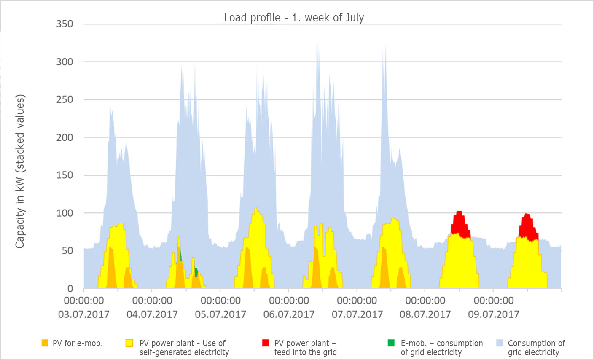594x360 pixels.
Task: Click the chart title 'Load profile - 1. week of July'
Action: point(294,18)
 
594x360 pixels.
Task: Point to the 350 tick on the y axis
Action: point(65,24)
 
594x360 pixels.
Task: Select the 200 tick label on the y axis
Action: point(65,137)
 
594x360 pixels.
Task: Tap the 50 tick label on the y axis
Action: point(67,251)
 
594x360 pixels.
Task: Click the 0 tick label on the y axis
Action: point(70,289)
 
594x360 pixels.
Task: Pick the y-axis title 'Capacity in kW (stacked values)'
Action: point(20,171)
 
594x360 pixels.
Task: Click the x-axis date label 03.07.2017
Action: point(84,314)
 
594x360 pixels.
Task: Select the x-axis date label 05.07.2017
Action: point(220,314)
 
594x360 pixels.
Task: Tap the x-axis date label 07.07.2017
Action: point(357,314)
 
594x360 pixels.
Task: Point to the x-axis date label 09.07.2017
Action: point(494,314)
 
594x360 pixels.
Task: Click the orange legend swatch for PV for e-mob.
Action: point(45,343)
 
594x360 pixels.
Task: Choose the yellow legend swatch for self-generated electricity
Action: point(129,343)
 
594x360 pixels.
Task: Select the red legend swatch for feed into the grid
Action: point(265,343)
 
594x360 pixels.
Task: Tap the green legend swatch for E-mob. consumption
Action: point(391,343)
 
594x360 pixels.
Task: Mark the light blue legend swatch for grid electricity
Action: point(500,343)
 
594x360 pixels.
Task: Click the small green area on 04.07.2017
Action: point(196,272)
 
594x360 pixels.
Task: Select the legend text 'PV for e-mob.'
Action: point(78,343)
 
